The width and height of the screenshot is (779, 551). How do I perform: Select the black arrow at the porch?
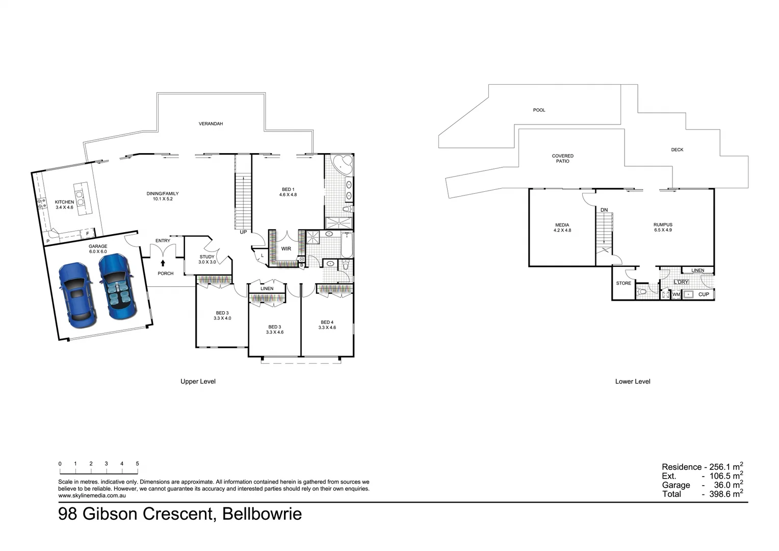(x=163, y=263)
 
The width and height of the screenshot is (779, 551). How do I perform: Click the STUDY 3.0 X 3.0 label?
(x=207, y=259)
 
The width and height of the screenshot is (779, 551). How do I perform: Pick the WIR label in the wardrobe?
(x=286, y=249)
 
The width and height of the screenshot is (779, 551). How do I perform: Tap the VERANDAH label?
(x=211, y=123)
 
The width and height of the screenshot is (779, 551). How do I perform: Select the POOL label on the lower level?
(x=539, y=110)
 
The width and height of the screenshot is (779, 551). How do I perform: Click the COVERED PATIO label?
(x=562, y=159)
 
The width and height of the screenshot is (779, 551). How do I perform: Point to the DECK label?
(x=677, y=149)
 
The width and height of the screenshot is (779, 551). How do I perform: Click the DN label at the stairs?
(x=604, y=210)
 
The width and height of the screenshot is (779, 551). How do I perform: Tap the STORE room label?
(x=623, y=283)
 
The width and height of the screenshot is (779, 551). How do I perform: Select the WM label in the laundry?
(x=676, y=294)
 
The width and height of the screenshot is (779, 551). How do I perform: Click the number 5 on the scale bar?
(x=137, y=464)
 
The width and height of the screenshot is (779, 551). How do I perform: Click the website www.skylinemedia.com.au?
(x=92, y=495)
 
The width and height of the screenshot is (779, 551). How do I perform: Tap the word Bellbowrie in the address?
(x=262, y=514)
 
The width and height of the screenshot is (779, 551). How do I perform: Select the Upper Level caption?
(x=198, y=381)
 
